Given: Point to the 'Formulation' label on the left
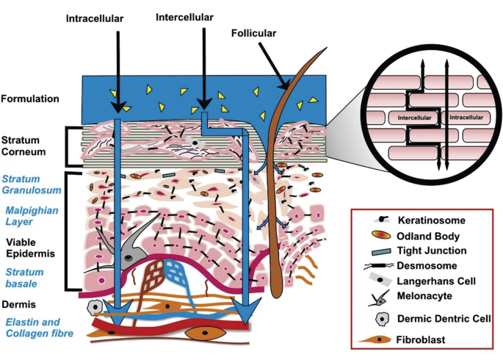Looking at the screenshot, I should (30, 98).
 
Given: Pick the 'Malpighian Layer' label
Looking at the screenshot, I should (28, 218).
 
